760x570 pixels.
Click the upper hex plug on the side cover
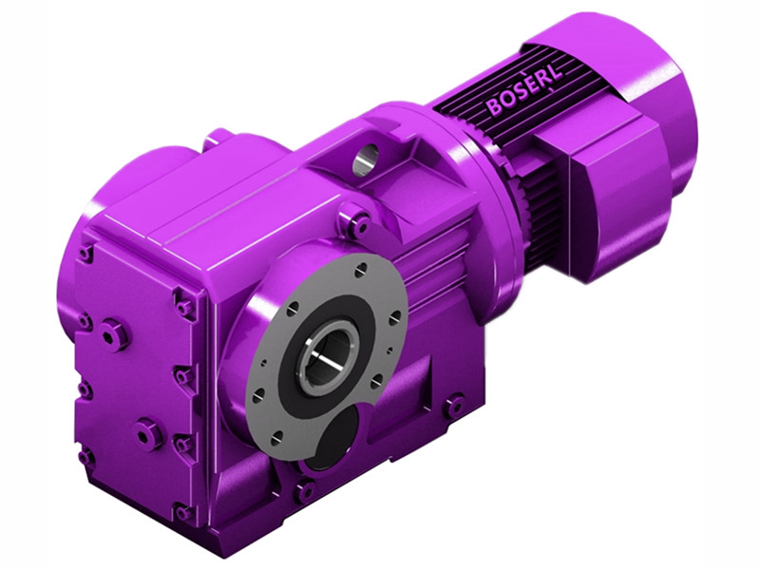(x=115, y=334)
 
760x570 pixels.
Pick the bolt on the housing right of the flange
(x=452, y=406)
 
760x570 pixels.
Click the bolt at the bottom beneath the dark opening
(x=304, y=491)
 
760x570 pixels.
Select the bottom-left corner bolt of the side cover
(x=86, y=456)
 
